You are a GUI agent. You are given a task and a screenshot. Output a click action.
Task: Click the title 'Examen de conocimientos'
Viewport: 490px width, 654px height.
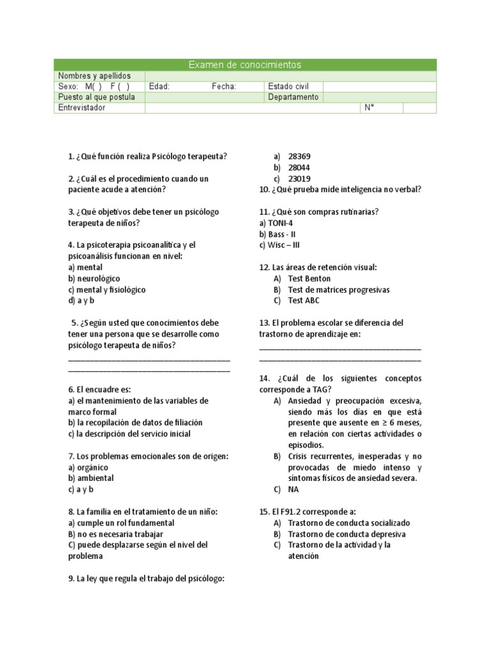[245, 65]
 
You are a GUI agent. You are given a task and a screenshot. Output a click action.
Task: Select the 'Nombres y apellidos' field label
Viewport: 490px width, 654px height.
[94, 76]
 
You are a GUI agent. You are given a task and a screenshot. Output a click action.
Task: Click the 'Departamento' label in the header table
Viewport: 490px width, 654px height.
[293, 97]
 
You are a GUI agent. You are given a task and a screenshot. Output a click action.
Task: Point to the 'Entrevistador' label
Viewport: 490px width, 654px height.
[82, 108]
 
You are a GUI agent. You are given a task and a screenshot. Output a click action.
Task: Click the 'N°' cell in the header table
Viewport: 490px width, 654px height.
[368, 108]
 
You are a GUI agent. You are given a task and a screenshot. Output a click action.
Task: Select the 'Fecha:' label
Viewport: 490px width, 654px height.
[224, 86]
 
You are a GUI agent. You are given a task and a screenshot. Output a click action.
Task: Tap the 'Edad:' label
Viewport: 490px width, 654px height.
[160, 86]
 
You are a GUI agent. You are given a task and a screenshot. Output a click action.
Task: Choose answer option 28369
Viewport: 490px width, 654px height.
[299, 156]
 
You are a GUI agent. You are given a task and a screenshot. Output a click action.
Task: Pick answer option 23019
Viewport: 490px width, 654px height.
[299, 179]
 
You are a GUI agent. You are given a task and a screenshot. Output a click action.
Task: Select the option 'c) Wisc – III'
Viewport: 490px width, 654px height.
[279, 245]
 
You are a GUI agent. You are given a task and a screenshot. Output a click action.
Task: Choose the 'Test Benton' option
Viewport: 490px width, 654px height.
[309, 278]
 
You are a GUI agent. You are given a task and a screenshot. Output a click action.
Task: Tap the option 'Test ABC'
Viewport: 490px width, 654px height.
[304, 301]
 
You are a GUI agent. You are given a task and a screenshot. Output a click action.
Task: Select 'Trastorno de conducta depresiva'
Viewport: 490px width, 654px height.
[346, 534]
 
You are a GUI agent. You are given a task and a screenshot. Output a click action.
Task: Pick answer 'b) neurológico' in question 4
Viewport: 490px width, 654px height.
[94, 278]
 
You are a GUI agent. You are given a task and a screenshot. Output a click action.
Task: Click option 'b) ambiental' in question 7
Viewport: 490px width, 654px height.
[91, 478]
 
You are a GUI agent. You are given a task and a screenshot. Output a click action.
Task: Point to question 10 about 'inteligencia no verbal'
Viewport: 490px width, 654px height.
[340, 190]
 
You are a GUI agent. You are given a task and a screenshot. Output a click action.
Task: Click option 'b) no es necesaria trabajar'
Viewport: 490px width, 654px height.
[115, 534]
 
